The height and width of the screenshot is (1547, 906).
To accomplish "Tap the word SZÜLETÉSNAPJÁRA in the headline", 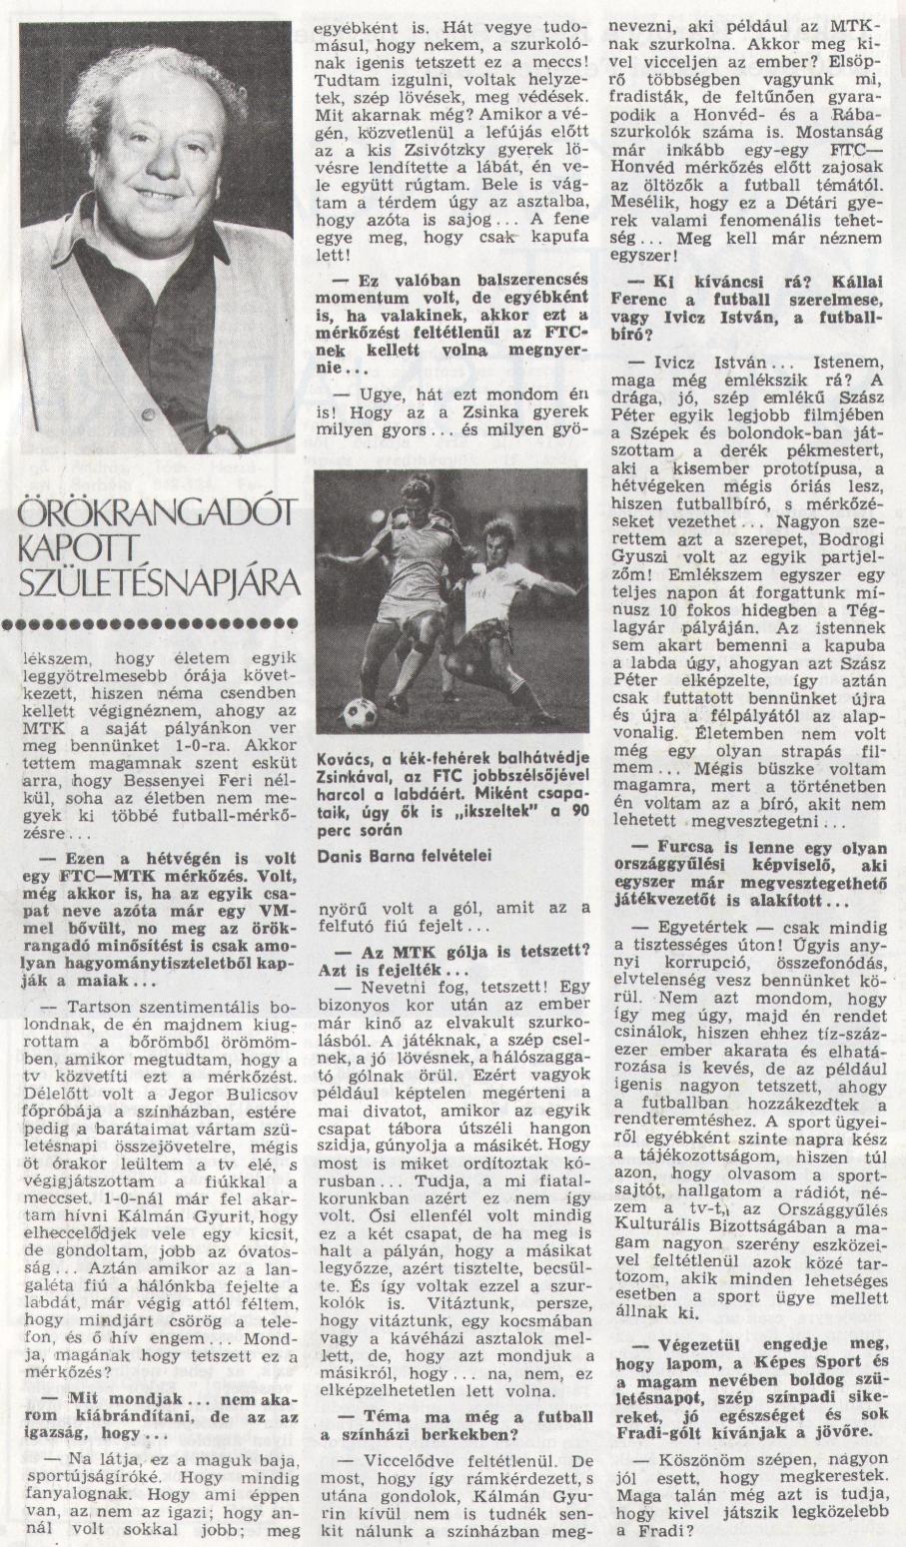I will pyautogui.click(x=155, y=582).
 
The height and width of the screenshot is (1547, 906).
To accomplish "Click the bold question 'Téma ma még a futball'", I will pyautogui.click(x=457, y=1415).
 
